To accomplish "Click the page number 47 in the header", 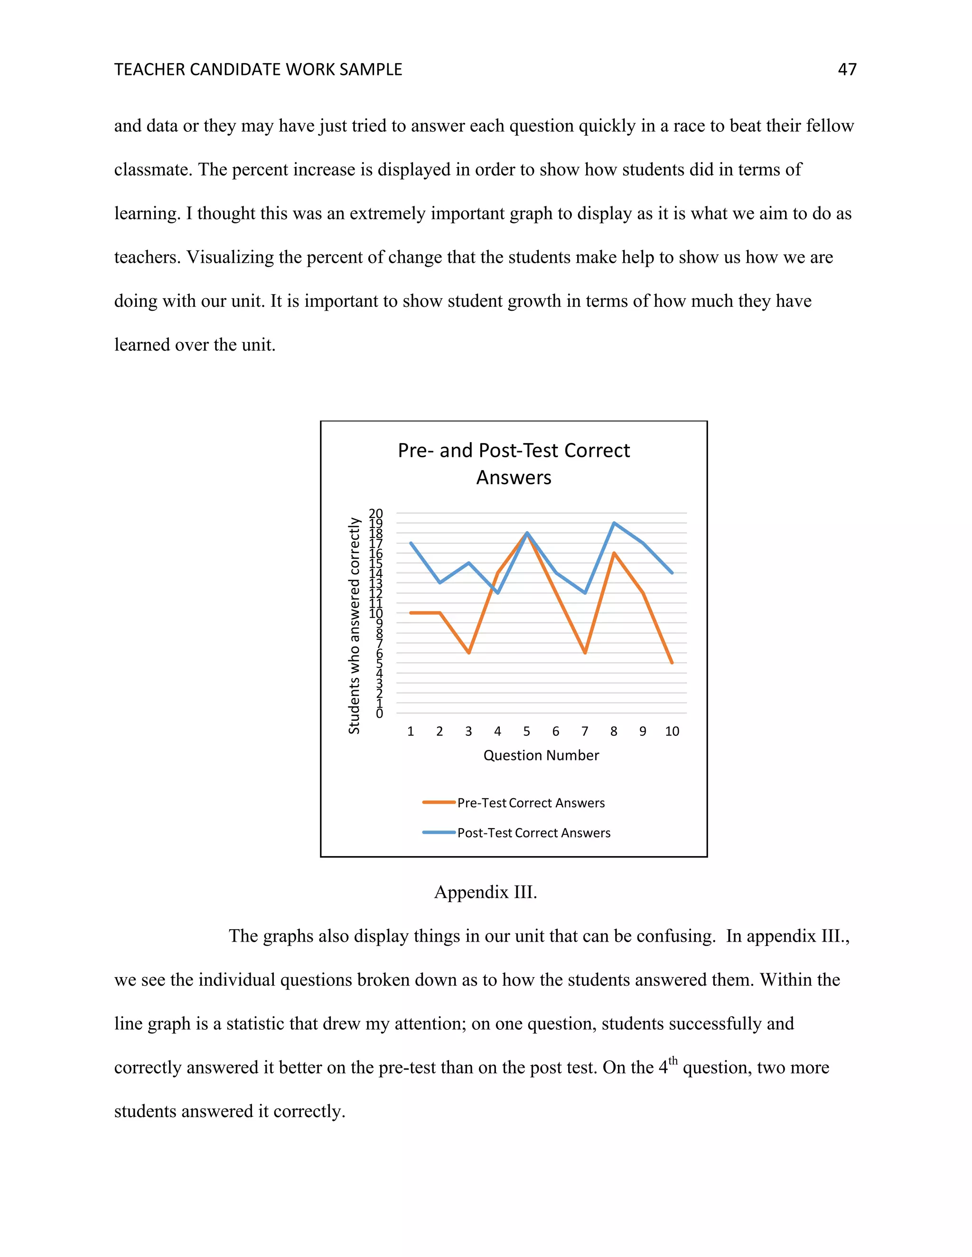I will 847,70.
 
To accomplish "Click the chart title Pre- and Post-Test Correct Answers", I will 514,463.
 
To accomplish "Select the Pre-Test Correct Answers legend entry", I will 530,803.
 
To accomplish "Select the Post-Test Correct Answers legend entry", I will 533,833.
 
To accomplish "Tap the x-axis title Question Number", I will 541,755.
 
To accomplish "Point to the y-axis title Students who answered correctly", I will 354,626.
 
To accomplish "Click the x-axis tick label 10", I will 672,731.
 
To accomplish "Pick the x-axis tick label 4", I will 497,731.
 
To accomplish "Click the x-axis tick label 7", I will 584,731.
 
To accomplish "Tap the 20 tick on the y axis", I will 375,513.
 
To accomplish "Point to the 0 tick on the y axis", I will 379,714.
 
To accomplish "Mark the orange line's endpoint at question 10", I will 672,663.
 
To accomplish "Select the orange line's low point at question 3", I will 469,653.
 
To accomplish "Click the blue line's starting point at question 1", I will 411,543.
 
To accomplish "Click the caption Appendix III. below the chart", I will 486,892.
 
